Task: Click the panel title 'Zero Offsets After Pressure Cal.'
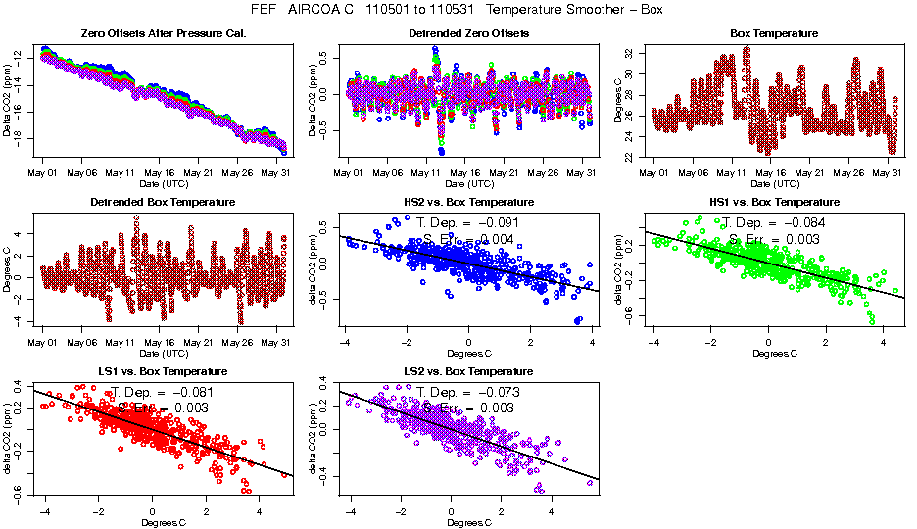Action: point(163,34)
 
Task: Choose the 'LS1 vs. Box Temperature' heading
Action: point(163,372)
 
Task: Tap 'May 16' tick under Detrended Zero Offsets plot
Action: point(463,173)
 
